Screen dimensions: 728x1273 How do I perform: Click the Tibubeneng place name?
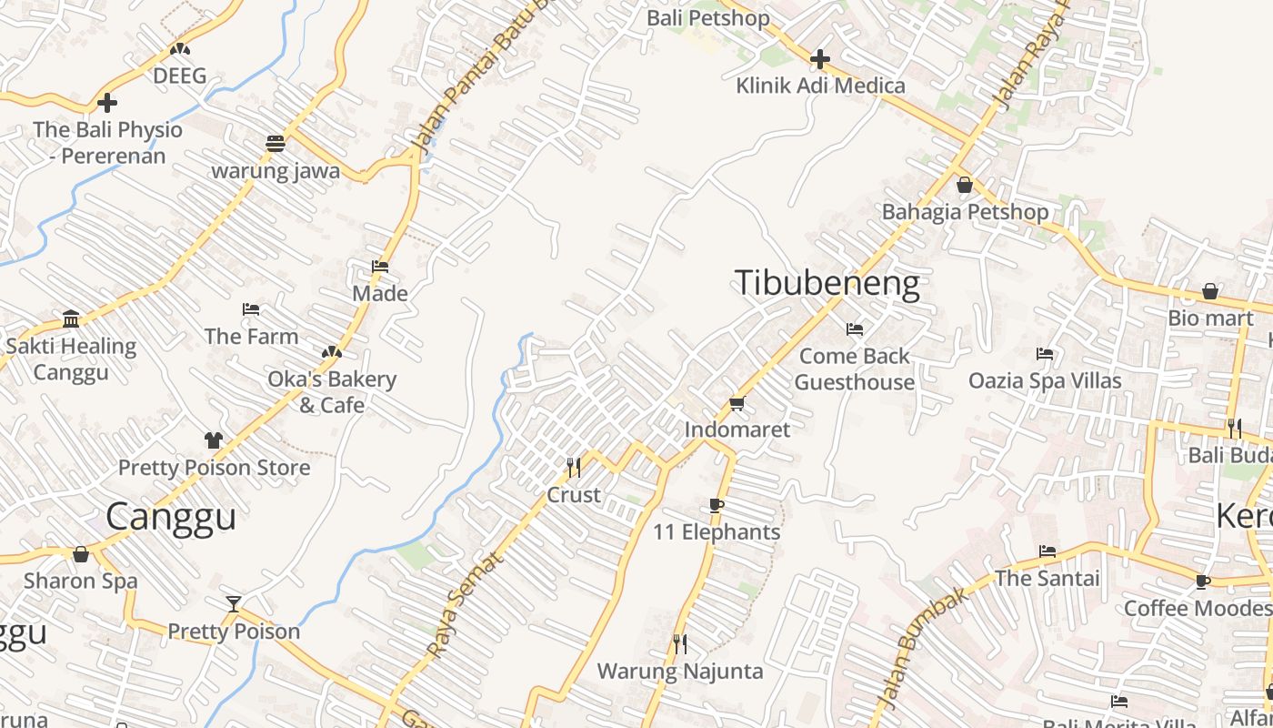827,284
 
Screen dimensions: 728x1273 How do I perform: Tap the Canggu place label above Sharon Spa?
171,516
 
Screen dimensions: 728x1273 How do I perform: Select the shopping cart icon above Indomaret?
737,403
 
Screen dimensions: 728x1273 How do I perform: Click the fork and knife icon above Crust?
574,468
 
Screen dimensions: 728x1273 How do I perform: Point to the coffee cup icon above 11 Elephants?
717,505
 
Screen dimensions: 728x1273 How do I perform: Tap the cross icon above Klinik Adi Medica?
820,59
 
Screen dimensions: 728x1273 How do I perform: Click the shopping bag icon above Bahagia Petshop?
965,185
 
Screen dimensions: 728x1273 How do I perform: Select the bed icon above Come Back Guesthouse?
855,329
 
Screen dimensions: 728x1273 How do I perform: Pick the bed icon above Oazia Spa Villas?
1045,354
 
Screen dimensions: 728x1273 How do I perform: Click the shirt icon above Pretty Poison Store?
214,440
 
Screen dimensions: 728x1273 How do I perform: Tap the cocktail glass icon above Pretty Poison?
234,603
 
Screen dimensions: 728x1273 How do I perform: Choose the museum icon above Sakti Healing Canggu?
71,319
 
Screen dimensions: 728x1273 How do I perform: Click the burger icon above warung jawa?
276,143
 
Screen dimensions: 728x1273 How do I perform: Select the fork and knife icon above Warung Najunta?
679,644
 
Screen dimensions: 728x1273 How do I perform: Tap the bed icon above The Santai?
1047,551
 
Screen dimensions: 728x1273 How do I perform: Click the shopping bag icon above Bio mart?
1210,291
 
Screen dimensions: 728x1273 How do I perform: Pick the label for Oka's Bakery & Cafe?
332,391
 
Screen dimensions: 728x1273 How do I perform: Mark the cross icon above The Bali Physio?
107,103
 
